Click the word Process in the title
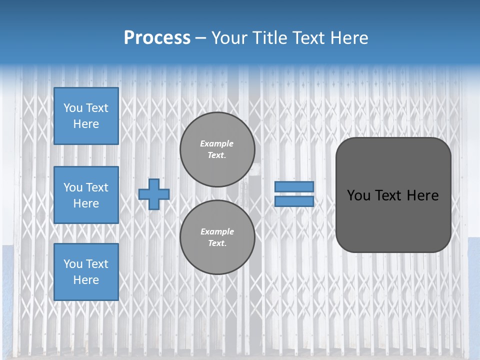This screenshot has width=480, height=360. (x=157, y=37)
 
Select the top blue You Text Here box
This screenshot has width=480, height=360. (x=86, y=116)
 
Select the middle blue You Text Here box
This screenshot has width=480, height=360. (x=86, y=195)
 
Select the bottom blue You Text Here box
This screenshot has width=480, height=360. (x=86, y=272)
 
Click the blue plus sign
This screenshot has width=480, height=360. (x=154, y=194)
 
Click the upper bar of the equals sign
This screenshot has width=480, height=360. (x=294, y=187)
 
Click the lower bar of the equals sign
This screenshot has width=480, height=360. (x=294, y=201)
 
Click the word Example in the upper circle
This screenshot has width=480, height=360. (x=216, y=143)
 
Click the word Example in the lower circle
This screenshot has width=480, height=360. (x=217, y=231)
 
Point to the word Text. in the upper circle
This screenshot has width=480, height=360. (x=217, y=155)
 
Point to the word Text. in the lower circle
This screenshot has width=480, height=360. (x=217, y=243)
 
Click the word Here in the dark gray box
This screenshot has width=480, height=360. (x=422, y=195)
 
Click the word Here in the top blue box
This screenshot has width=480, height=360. (x=86, y=124)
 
